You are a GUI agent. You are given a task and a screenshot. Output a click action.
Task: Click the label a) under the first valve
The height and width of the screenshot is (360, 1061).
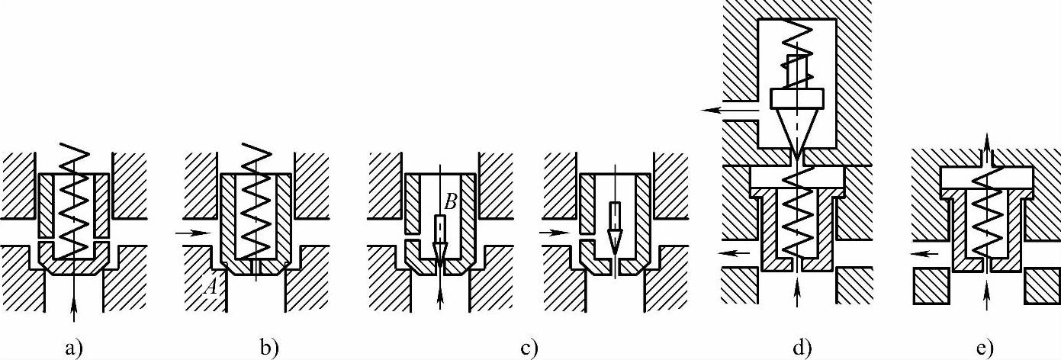(72, 349)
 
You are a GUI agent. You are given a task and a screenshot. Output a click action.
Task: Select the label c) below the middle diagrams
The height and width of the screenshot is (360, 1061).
(529, 349)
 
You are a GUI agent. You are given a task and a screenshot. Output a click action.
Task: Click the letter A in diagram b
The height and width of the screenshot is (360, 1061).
(211, 287)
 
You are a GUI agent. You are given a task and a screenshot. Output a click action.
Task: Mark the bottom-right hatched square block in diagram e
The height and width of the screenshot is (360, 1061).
(1041, 286)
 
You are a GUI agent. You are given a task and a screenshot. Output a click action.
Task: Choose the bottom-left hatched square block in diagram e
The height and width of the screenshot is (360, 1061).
(931, 286)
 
